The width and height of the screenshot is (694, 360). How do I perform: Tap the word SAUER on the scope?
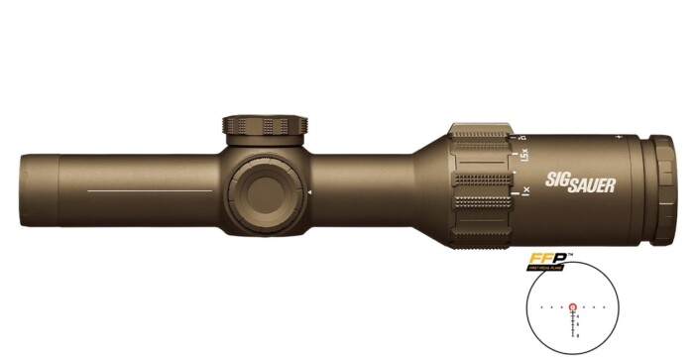(592, 184)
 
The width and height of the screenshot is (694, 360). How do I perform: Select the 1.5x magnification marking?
(523, 156)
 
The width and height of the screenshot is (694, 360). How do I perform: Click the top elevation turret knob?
(266, 127)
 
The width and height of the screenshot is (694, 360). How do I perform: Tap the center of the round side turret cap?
(268, 189)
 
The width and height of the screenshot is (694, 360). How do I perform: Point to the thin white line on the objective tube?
(149, 189)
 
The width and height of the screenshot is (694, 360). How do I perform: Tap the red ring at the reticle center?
(572, 307)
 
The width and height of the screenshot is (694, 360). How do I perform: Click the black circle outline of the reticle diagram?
(529, 298)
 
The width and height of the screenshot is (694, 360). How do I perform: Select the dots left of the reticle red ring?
(551, 307)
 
